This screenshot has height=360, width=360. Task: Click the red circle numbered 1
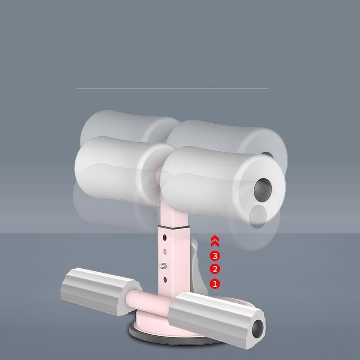click(x=215, y=284)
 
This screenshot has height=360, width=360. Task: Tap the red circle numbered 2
click(x=215, y=269)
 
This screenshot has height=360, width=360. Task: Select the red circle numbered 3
click(x=215, y=256)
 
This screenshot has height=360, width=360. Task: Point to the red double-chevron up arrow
click(x=215, y=241)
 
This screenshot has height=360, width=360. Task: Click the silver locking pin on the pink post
click(x=163, y=266)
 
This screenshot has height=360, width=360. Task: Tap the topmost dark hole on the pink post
click(x=165, y=238)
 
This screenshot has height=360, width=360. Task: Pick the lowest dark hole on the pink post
click(x=165, y=280)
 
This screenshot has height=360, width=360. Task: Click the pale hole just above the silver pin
click(x=165, y=252)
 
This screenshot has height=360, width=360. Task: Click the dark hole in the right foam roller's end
click(x=263, y=189)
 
